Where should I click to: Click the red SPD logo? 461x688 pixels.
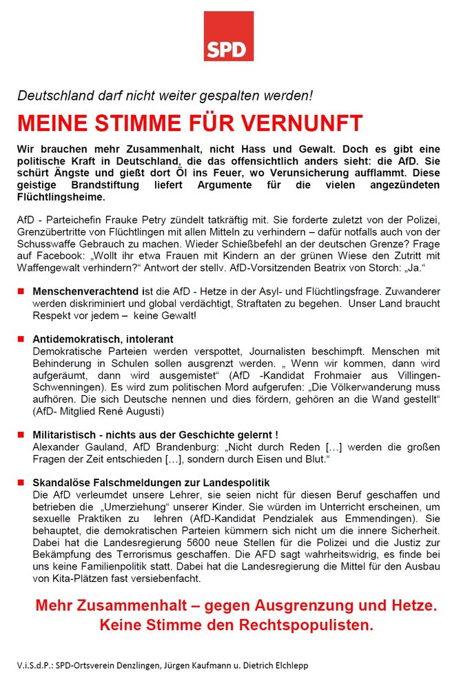click(228, 37)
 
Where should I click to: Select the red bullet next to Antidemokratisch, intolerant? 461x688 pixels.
click(21, 339)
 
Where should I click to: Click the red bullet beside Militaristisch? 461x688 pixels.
click(21, 435)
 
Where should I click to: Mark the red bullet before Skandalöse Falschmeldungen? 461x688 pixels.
click(21, 482)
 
